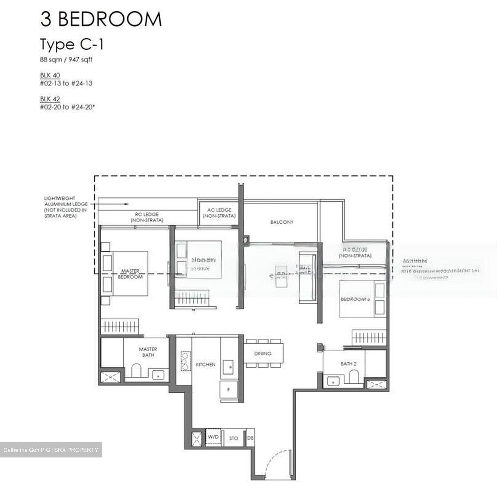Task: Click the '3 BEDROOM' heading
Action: pyautogui.click(x=101, y=19)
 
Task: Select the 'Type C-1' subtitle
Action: pyautogui.click(x=72, y=45)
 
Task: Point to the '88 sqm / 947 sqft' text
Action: pyautogui.click(x=66, y=60)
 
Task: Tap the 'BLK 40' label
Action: pyautogui.click(x=50, y=75)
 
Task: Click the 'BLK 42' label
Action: pyautogui.click(x=50, y=99)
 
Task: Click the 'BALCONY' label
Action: pyautogui.click(x=282, y=222)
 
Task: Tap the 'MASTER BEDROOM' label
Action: pyautogui.click(x=130, y=274)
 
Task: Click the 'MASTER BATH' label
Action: pyautogui.click(x=148, y=352)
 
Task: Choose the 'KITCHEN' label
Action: pyautogui.click(x=206, y=365)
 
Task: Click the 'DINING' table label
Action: pyautogui.click(x=263, y=354)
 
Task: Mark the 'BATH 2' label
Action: pyautogui.click(x=346, y=364)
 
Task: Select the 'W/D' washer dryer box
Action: pyautogui.click(x=213, y=437)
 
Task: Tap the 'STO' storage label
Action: pyautogui.click(x=234, y=438)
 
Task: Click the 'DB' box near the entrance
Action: pyautogui.click(x=251, y=438)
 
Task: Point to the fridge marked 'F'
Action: pyautogui.click(x=228, y=390)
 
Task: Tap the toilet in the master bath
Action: pyautogui.click(x=137, y=370)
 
